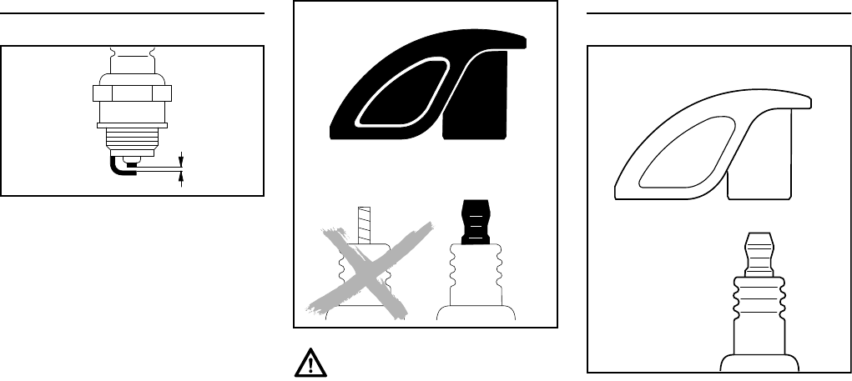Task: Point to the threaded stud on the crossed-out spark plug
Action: coord(362,222)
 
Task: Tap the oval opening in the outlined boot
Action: coord(677,154)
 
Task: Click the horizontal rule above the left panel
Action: coord(132,13)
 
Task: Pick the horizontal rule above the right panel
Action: coord(720,13)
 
